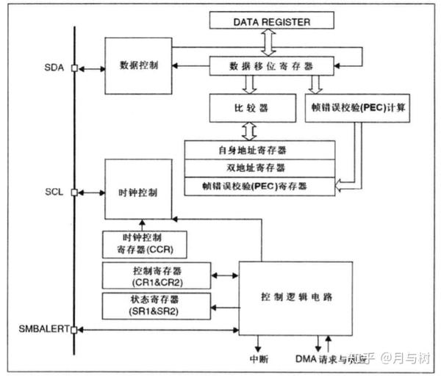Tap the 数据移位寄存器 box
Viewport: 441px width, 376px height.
point(271,66)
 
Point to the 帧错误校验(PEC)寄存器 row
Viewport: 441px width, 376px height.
point(255,186)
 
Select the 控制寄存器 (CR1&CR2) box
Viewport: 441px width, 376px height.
point(154,276)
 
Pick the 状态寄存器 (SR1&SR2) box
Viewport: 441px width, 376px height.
point(154,304)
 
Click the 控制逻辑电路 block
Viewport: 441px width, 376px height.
point(297,297)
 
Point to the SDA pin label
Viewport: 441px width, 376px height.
point(54,68)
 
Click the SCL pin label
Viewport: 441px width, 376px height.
point(54,192)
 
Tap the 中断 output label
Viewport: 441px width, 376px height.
point(259,360)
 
